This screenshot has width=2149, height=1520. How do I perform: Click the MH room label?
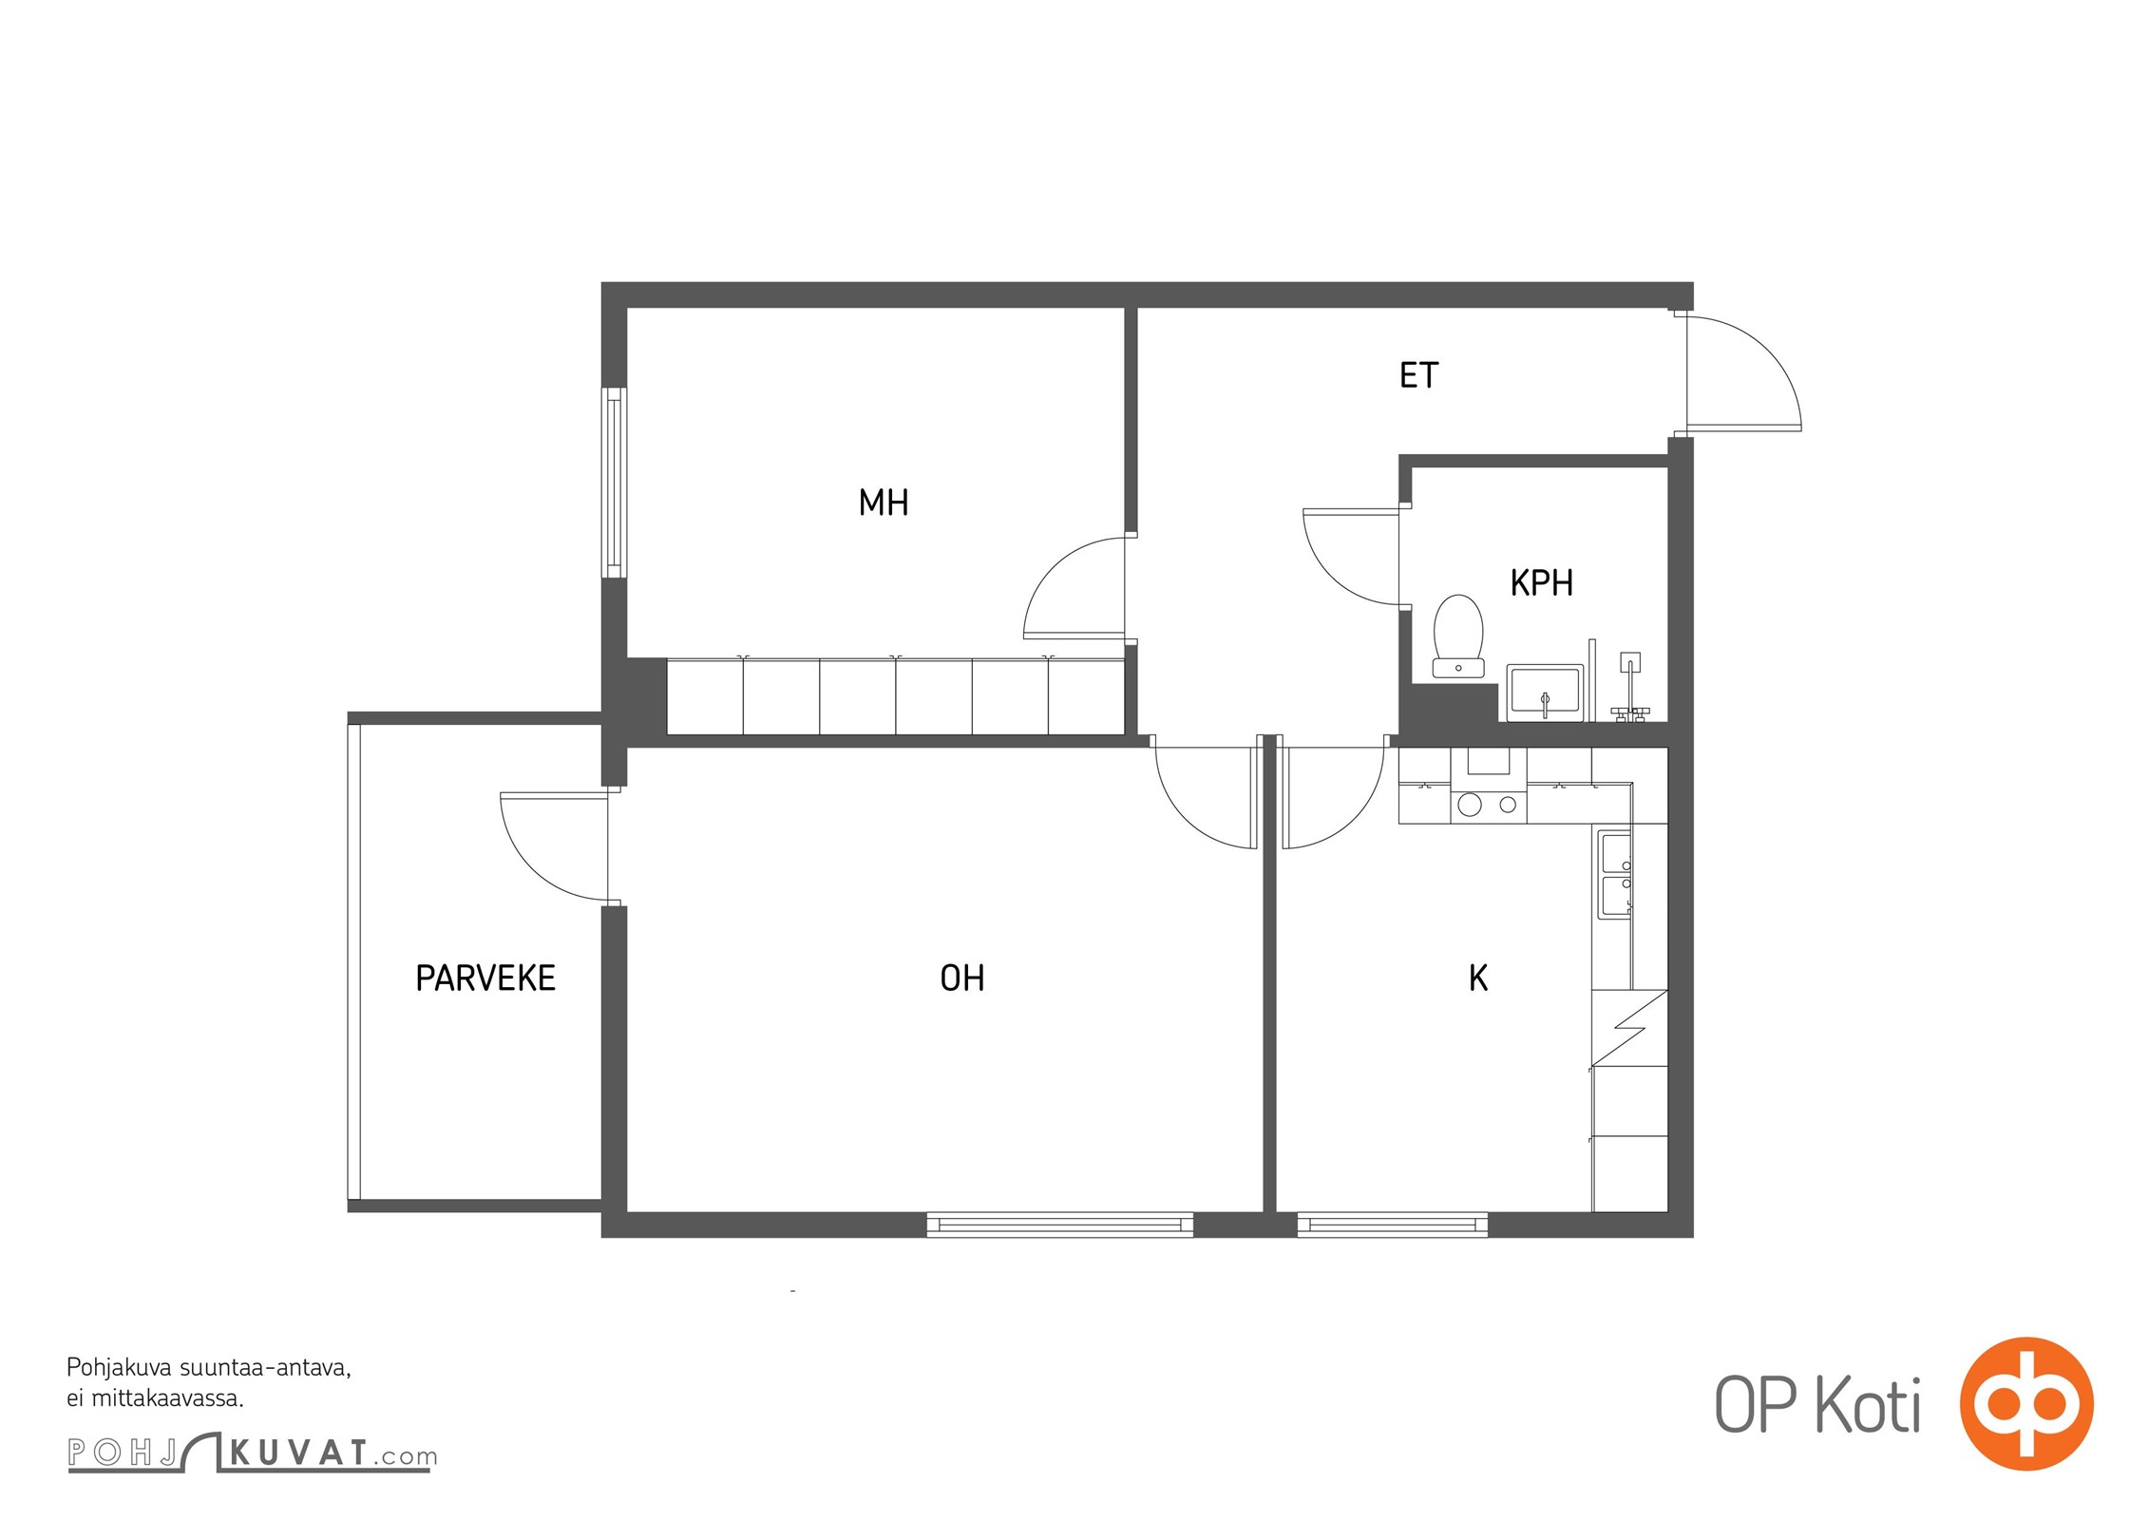pos(884,503)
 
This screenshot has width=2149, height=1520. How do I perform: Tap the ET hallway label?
pos(1419,375)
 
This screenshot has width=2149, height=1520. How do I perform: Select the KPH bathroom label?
pos(1542,582)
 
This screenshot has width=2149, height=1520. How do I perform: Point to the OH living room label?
pos(962,978)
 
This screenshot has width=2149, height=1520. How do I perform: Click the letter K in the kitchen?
pos(1478,978)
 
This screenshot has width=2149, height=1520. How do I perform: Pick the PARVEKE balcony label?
pos(485,978)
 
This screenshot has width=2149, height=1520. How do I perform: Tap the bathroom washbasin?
pos(1545,693)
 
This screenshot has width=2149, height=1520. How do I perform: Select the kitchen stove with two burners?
pos(1489,805)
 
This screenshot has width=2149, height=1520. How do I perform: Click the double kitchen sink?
pos(1616,875)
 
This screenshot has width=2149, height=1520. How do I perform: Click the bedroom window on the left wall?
pos(615,482)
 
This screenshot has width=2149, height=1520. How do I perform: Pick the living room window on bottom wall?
pos(1059,1225)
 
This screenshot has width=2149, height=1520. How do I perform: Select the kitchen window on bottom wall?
pos(1392,1225)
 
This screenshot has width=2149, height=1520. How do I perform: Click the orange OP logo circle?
pos(2026,1404)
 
